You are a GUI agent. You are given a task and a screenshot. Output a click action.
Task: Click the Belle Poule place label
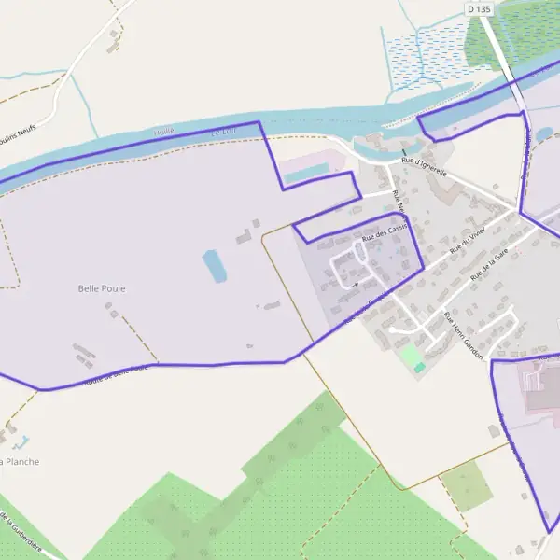pos(102,288)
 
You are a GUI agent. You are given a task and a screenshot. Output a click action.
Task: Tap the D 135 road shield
pos(478,8)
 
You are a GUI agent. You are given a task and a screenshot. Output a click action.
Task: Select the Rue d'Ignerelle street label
pos(424,166)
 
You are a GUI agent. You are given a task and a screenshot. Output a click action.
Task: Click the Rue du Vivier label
pos(468,244)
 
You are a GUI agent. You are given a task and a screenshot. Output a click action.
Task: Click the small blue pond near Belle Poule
pos(214,265)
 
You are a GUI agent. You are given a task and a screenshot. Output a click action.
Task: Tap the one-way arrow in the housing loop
pos(355,284)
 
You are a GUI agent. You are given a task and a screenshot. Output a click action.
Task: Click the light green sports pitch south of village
pos(411,356)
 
